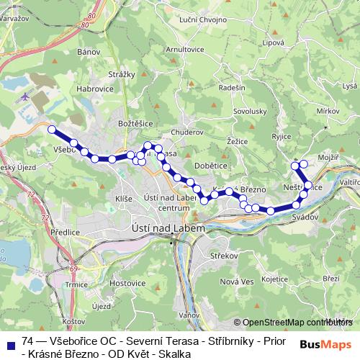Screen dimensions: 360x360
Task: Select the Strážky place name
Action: coord(122,74)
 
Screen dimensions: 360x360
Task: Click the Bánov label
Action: coord(86,52)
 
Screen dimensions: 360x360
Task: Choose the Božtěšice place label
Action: coord(135,123)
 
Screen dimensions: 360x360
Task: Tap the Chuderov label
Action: coord(188,132)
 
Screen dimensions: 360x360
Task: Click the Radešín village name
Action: coord(232,86)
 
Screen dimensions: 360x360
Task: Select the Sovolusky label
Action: coord(250,112)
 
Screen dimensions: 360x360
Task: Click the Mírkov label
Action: coord(328,111)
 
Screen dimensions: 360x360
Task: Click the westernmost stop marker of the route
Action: coord(52,130)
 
